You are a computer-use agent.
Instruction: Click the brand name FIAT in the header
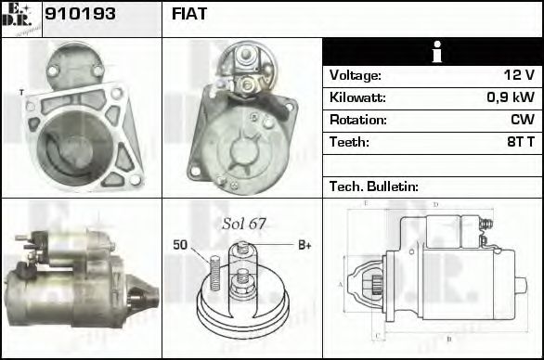[189, 15]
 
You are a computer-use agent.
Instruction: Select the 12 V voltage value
[518, 75]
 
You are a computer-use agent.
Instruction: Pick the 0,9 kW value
[512, 97]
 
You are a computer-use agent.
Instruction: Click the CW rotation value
[522, 120]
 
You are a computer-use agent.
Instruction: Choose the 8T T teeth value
[517, 142]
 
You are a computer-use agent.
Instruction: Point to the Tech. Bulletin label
[374, 186]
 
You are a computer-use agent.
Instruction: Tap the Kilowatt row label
[358, 97]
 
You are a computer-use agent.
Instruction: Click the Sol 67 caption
[244, 224]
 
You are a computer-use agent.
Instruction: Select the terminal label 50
[180, 245]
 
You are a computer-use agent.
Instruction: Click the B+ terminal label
[304, 245]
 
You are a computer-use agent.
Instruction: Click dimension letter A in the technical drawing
[341, 284]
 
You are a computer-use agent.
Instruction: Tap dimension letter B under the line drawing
[448, 339]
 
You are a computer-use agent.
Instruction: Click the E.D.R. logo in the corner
[20, 18]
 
